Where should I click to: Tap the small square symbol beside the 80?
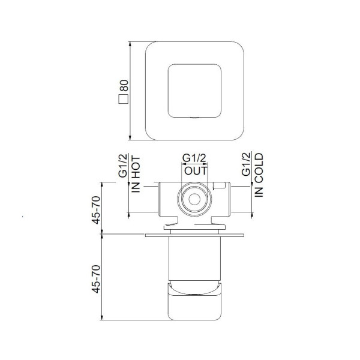click(x=125, y=100)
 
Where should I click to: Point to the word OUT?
click(x=195, y=170)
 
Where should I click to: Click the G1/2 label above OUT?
click(x=195, y=158)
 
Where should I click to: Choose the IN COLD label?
click(x=259, y=175)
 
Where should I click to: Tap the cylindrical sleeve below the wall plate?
click(x=195, y=258)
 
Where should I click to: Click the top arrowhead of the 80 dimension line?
click(x=130, y=43)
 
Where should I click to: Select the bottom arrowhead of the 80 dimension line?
click(x=130, y=139)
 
